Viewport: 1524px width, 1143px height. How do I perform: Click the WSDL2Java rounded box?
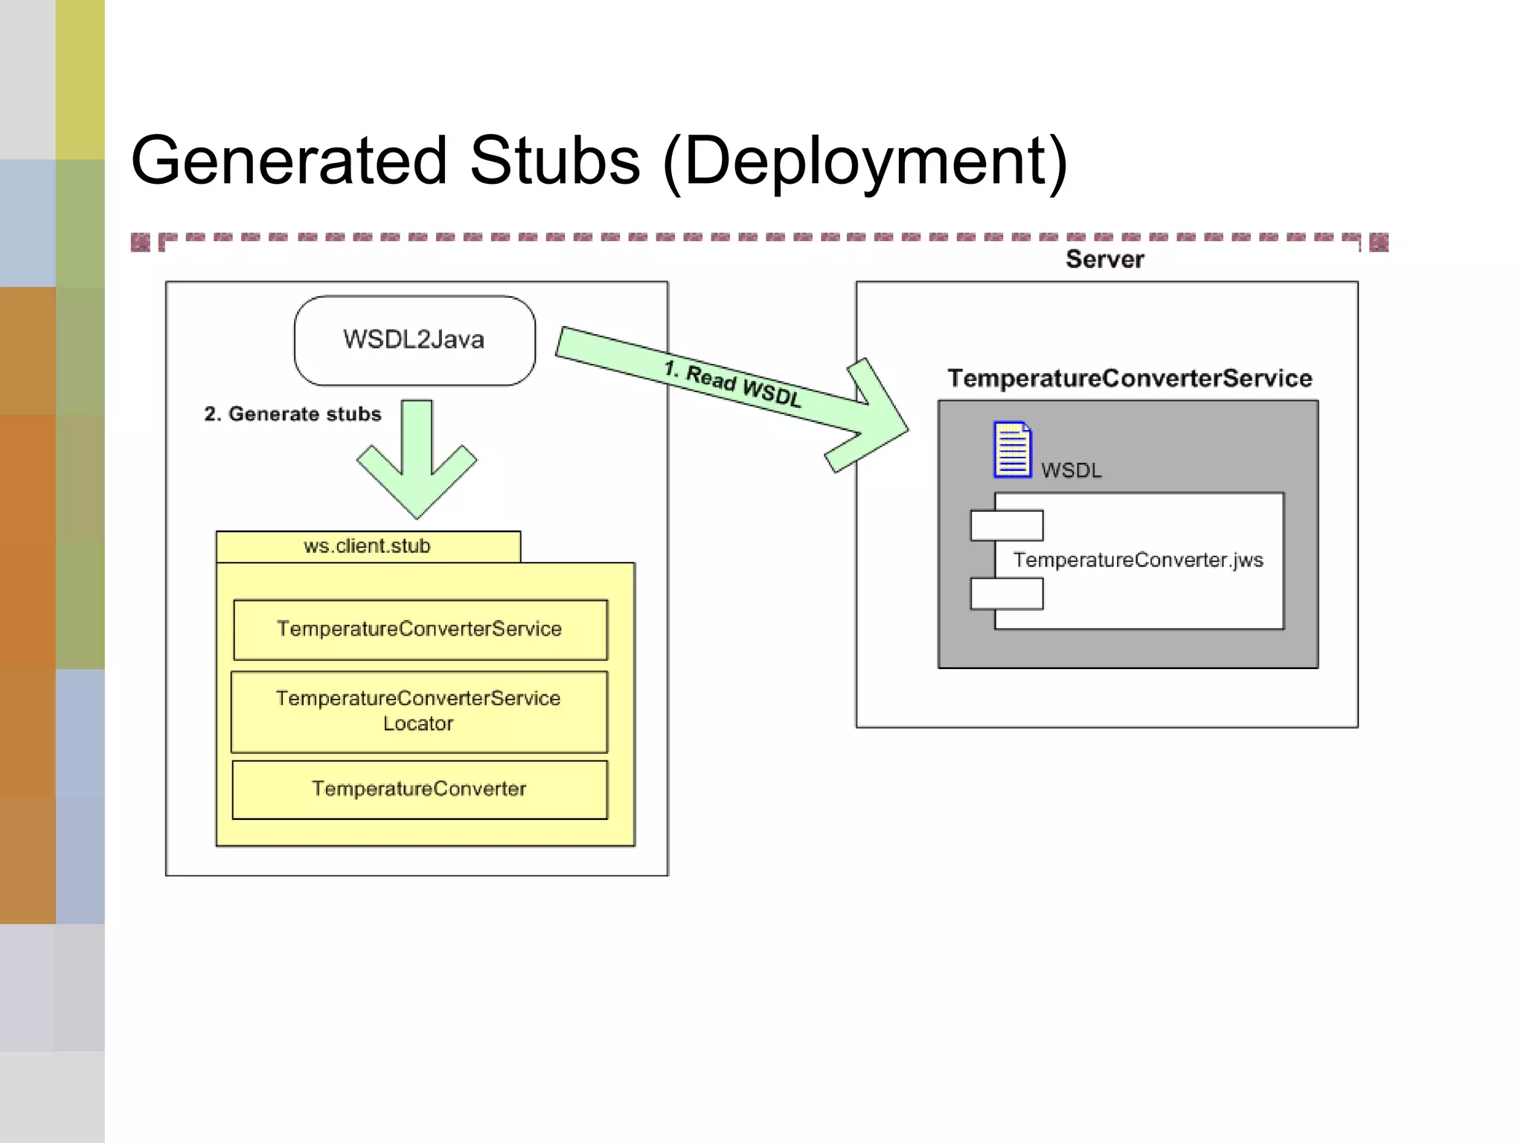click(x=414, y=340)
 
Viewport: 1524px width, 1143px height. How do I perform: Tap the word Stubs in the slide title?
click(x=554, y=161)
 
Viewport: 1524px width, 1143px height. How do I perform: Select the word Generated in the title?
click(x=289, y=161)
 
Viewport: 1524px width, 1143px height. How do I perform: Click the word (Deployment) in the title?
click(x=865, y=162)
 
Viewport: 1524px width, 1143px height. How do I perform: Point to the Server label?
click(x=1104, y=259)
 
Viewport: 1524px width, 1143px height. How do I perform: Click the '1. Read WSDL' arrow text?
click(x=732, y=384)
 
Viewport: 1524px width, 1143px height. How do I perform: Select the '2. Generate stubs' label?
click(x=292, y=414)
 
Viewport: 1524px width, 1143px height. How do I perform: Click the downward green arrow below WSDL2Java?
click(x=417, y=461)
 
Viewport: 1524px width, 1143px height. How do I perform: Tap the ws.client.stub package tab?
click(x=368, y=546)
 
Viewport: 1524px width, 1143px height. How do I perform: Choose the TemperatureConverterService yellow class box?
click(x=420, y=630)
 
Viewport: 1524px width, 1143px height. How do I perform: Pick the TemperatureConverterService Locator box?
click(x=419, y=711)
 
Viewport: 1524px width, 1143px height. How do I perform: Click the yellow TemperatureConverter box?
click(x=420, y=789)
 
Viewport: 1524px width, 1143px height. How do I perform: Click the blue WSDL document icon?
click(x=1012, y=449)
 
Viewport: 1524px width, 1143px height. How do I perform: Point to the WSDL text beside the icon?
click(x=1071, y=470)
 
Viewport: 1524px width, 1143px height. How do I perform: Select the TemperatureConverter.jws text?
click(x=1138, y=560)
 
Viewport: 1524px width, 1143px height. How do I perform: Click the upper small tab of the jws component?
click(x=1006, y=525)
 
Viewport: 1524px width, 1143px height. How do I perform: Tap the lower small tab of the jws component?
click(x=1006, y=594)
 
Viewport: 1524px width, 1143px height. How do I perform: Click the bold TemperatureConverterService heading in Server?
click(x=1129, y=378)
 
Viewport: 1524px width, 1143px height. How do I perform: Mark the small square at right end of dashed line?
click(x=1378, y=243)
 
